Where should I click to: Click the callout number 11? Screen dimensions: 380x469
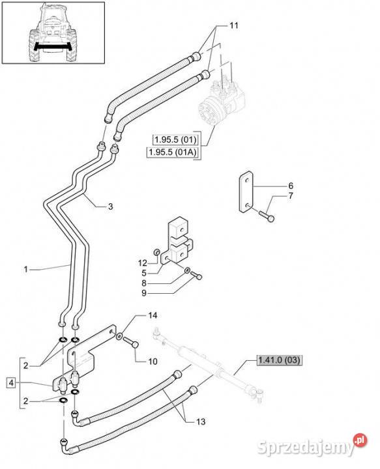point(234,25)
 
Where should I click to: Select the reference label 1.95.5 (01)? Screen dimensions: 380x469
point(175,139)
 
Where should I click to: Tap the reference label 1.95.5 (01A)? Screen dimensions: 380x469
point(173,152)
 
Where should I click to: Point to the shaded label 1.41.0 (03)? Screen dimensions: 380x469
point(279,360)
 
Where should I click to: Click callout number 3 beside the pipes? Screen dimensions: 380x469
point(110,206)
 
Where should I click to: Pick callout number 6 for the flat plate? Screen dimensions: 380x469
point(291,186)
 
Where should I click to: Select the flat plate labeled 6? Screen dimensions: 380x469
point(246,192)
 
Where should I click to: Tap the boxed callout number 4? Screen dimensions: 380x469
point(11,382)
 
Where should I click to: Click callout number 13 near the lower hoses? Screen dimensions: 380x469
point(201,421)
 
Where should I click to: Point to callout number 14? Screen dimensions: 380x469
point(153,315)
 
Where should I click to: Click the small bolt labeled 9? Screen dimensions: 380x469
point(196,275)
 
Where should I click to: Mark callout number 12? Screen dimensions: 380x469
point(143,263)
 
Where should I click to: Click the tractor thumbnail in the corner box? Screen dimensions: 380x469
point(53,33)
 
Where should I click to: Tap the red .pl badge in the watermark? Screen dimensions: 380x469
point(360,440)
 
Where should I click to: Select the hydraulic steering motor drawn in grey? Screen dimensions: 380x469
point(222,102)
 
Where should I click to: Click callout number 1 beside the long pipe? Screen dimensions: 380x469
point(25,270)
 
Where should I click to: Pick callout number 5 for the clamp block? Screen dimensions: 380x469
point(144,273)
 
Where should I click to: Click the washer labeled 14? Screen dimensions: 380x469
point(119,337)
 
